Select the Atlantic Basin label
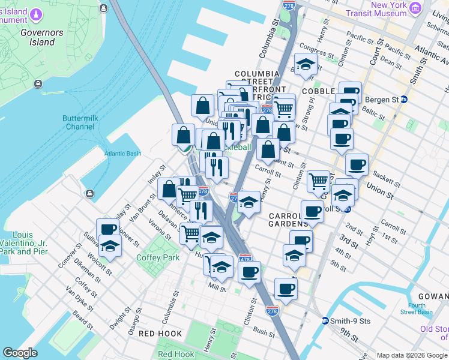point(122,154)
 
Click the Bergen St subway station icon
point(404,99)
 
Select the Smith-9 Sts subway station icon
point(325,320)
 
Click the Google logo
point(20,353)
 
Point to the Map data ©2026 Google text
point(412,355)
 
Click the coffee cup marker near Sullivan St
point(109,229)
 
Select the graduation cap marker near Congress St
point(306,65)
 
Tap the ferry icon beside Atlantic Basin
point(89,193)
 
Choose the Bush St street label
point(264,331)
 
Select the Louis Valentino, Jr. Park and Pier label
point(24,243)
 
